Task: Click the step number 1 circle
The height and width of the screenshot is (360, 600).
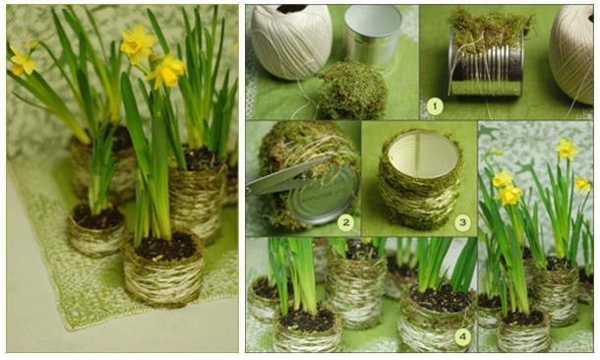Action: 434,106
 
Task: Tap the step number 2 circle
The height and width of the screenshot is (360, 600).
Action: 345,222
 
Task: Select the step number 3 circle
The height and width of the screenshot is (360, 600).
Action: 462,222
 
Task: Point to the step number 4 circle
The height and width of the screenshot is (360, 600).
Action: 462,336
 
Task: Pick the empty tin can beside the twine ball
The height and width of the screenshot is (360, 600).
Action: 372,36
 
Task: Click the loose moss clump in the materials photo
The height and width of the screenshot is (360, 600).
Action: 351,90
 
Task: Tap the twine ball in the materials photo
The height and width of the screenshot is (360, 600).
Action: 291,40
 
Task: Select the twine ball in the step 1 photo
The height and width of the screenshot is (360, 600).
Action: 572,53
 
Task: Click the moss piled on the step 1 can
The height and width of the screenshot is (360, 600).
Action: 490,30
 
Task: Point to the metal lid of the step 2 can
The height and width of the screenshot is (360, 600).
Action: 323,195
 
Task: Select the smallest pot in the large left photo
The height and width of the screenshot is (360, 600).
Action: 96,230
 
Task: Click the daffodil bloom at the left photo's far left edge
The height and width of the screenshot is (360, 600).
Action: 23,61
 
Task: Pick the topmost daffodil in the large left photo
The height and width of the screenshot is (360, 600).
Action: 138,43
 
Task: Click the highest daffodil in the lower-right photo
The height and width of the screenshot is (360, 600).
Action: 567,149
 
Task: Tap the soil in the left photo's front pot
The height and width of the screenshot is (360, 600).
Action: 165,246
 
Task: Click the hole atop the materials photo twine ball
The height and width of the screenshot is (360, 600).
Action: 291,9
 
